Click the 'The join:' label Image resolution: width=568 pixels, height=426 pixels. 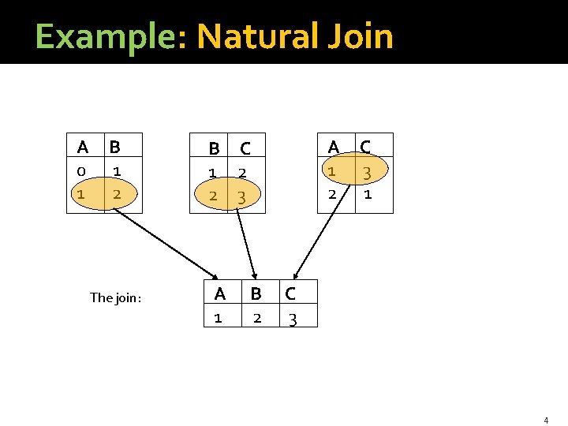pos(115,297)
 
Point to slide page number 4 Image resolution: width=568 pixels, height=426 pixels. pos(545,420)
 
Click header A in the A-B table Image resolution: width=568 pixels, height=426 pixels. pos(83,147)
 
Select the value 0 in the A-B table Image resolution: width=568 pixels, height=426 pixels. pos(81,170)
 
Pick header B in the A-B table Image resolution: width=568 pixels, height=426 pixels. pos(115,147)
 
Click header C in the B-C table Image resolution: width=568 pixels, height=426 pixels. pos(245,148)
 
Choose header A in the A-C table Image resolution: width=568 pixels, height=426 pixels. pos(334,147)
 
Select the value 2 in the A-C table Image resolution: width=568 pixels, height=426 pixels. pos(332,194)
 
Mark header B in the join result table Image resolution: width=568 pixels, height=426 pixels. pos(256,294)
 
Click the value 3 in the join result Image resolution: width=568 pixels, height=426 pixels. pos(292,319)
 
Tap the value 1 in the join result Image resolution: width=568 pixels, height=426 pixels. pos(218,318)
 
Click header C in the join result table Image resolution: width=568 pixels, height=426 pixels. pos(290,294)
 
